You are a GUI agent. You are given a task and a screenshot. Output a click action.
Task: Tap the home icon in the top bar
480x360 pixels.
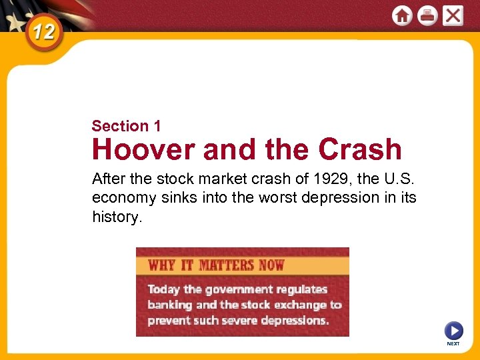point(402,15)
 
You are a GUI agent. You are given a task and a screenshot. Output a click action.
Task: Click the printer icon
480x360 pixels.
point(427,15)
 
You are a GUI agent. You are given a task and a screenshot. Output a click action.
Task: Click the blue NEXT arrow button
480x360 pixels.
point(453,331)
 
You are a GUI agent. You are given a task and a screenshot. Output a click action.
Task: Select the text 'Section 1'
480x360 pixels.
point(126,126)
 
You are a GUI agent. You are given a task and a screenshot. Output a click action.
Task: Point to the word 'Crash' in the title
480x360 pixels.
point(360,150)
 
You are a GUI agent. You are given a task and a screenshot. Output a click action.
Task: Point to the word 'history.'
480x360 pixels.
point(117,217)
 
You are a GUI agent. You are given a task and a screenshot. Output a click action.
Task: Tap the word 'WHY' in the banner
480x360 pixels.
point(161,265)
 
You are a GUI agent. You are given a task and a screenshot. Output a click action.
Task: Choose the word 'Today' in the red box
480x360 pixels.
point(164,289)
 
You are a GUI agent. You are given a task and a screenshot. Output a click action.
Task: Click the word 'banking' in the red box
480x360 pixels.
point(169,305)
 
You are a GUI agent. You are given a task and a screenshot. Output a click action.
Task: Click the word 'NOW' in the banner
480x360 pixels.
point(271,265)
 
